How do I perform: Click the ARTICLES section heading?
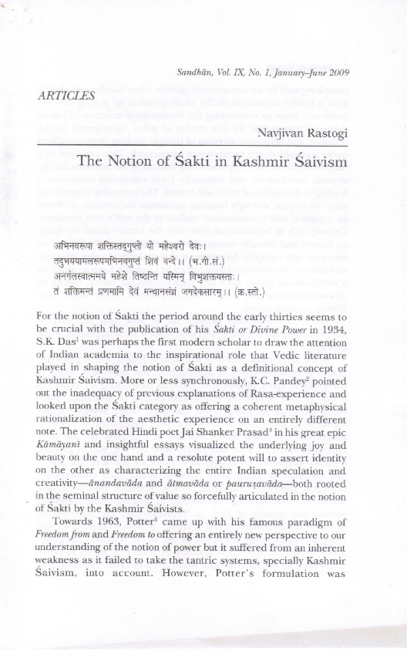coord(66,96)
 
